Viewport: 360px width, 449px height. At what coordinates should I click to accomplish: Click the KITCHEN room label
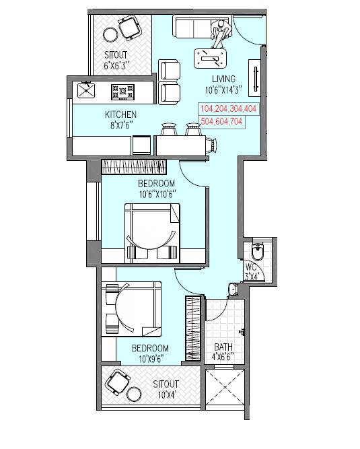pos(120,114)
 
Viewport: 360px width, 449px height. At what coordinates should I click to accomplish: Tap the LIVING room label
pos(224,79)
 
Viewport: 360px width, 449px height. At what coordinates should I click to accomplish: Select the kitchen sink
pos(86,90)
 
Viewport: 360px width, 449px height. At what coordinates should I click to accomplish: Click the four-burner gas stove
pos(122,92)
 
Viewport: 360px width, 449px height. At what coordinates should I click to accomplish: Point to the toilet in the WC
pos(258,250)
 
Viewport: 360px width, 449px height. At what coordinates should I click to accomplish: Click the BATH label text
pos(223,347)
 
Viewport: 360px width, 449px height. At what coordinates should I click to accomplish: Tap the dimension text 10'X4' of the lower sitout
pos(166,395)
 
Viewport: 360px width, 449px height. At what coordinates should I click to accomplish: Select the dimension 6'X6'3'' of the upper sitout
pos(115,65)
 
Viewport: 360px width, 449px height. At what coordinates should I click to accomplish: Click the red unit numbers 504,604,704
pos(221,121)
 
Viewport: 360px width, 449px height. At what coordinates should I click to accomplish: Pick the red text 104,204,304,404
pos(228,109)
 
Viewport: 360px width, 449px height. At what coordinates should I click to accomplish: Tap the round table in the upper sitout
pos(110,34)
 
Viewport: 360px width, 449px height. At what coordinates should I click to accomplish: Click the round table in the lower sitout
pos(134,394)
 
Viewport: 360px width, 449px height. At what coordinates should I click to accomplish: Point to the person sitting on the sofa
pos(221,33)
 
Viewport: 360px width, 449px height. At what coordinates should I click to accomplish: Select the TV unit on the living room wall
pos(254,78)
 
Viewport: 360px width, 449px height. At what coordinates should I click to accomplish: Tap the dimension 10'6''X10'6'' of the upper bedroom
pos(157,195)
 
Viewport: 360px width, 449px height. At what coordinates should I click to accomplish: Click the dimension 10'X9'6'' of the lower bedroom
pos(150,359)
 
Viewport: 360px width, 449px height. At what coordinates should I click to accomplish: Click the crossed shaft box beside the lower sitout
pos(225,387)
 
